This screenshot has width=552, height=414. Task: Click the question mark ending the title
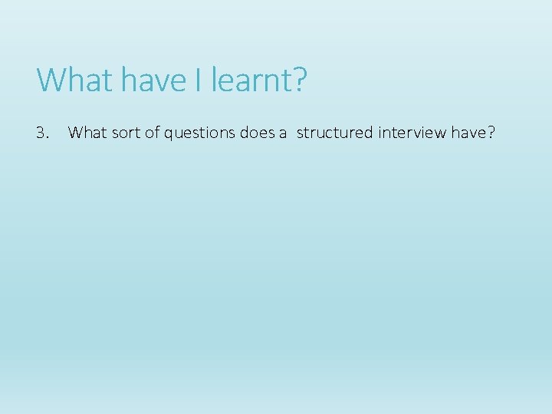300,80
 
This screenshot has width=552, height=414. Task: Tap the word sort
123,133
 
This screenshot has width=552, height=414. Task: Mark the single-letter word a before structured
283,134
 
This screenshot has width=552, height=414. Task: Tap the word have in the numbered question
468,133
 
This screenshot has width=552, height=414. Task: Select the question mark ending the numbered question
491,133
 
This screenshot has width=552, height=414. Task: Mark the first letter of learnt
215,80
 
